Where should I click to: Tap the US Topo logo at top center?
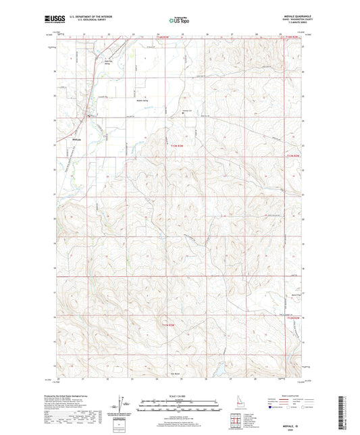click(178, 21)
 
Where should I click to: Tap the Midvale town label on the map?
click(76, 140)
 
